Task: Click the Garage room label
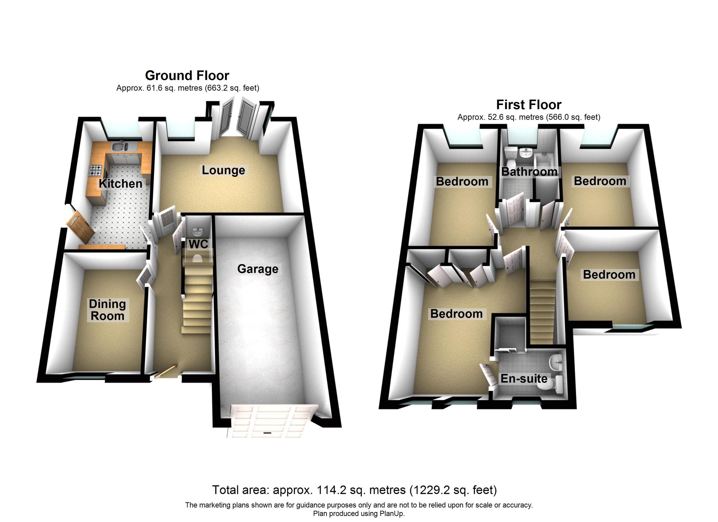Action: pyautogui.click(x=258, y=269)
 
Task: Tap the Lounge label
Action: pyautogui.click(x=223, y=170)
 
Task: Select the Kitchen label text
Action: pyautogui.click(x=120, y=184)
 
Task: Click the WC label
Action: pyautogui.click(x=198, y=244)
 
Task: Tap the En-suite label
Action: pyautogui.click(x=524, y=379)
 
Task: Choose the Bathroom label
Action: pyautogui.click(x=529, y=172)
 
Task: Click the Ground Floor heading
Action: pyautogui.click(x=187, y=75)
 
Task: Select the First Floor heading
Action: pyautogui.click(x=529, y=104)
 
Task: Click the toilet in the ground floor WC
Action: pyautogui.click(x=197, y=259)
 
